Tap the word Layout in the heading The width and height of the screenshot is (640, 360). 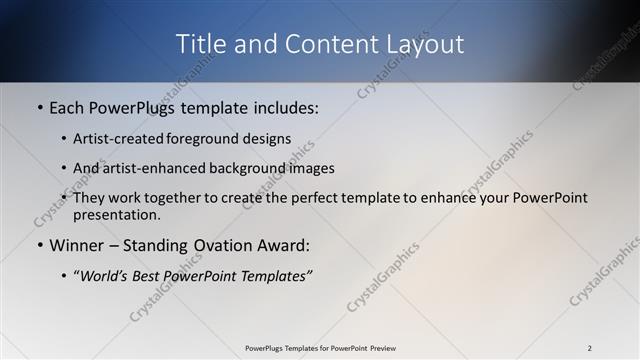pos(429,44)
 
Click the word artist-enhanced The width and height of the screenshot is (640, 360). pos(146,168)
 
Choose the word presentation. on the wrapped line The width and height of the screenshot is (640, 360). pos(117,214)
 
